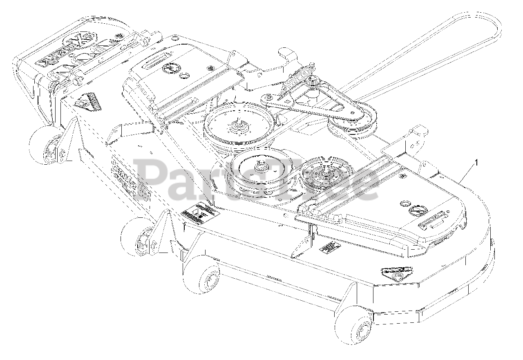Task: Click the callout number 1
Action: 476,162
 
